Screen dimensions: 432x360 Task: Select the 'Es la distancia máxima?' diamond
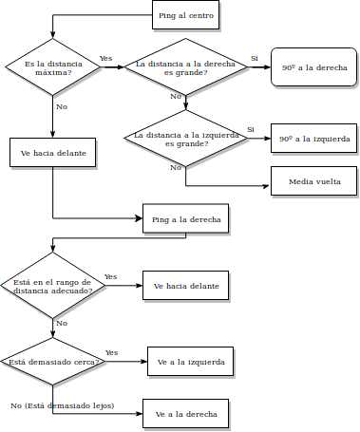pyautogui.click(x=52, y=67)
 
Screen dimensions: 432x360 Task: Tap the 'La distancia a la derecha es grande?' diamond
pyautogui.click(x=185, y=67)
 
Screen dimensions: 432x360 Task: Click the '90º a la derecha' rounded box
pyautogui.click(x=313, y=67)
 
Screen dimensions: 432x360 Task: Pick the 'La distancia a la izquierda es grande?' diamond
pyautogui.click(x=185, y=139)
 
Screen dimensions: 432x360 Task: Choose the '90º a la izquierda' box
pyautogui.click(x=313, y=139)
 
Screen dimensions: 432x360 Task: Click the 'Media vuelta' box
pyautogui.click(x=313, y=180)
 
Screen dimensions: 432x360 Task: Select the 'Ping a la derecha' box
pyautogui.click(x=185, y=219)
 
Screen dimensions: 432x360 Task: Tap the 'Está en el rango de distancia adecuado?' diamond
pyautogui.click(x=52, y=286)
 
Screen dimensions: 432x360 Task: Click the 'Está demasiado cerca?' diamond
pyautogui.click(x=52, y=362)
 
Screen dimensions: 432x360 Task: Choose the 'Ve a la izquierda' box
pyautogui.click(x=190, y=362)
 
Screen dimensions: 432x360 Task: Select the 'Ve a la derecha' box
pyautogui.click(x=185, y=414)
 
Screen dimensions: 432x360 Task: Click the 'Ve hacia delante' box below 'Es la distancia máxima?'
pyautogui.click(x=52, y=152)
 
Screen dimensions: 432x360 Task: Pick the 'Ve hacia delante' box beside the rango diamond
pyautogui.click(x=185, y=286)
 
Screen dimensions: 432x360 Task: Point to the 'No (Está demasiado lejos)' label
pyautogui.click(x=62, y=405)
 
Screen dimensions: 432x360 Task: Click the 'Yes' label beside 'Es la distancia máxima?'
pyautogui.click(x=106, y=59)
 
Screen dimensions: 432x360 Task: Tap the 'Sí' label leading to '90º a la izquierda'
pyautogui.click(x=251, y=129)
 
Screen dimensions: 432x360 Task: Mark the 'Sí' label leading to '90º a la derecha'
pyautogui.click(x=254, y=59)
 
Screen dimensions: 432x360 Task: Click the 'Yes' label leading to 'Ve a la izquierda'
pyautogui.click(x=111, y=352)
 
